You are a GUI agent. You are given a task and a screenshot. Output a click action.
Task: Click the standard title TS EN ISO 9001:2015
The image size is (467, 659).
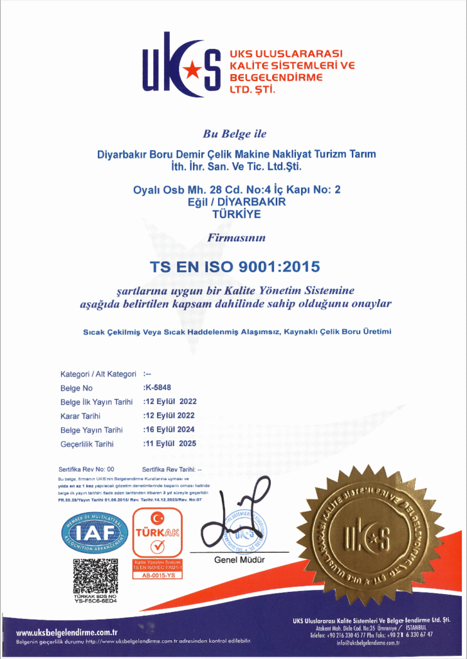(x=234, y=265)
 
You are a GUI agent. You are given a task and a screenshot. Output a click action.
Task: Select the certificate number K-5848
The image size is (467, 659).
(x=158, y=388)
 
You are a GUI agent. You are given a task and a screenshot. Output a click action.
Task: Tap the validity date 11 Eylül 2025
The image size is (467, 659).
(x=170, y=443)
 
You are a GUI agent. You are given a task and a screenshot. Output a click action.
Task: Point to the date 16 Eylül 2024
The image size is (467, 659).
(x=170, y=429)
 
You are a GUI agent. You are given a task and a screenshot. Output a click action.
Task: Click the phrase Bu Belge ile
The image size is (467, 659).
(x=234, y=135)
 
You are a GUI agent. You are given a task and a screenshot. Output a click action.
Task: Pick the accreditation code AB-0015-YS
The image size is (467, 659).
(x=157, y=575)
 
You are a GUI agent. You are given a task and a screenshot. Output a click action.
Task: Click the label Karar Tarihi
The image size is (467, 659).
(x=80, y=416)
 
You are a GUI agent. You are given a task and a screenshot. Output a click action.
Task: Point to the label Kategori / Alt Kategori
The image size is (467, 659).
(x=98, y=374)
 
